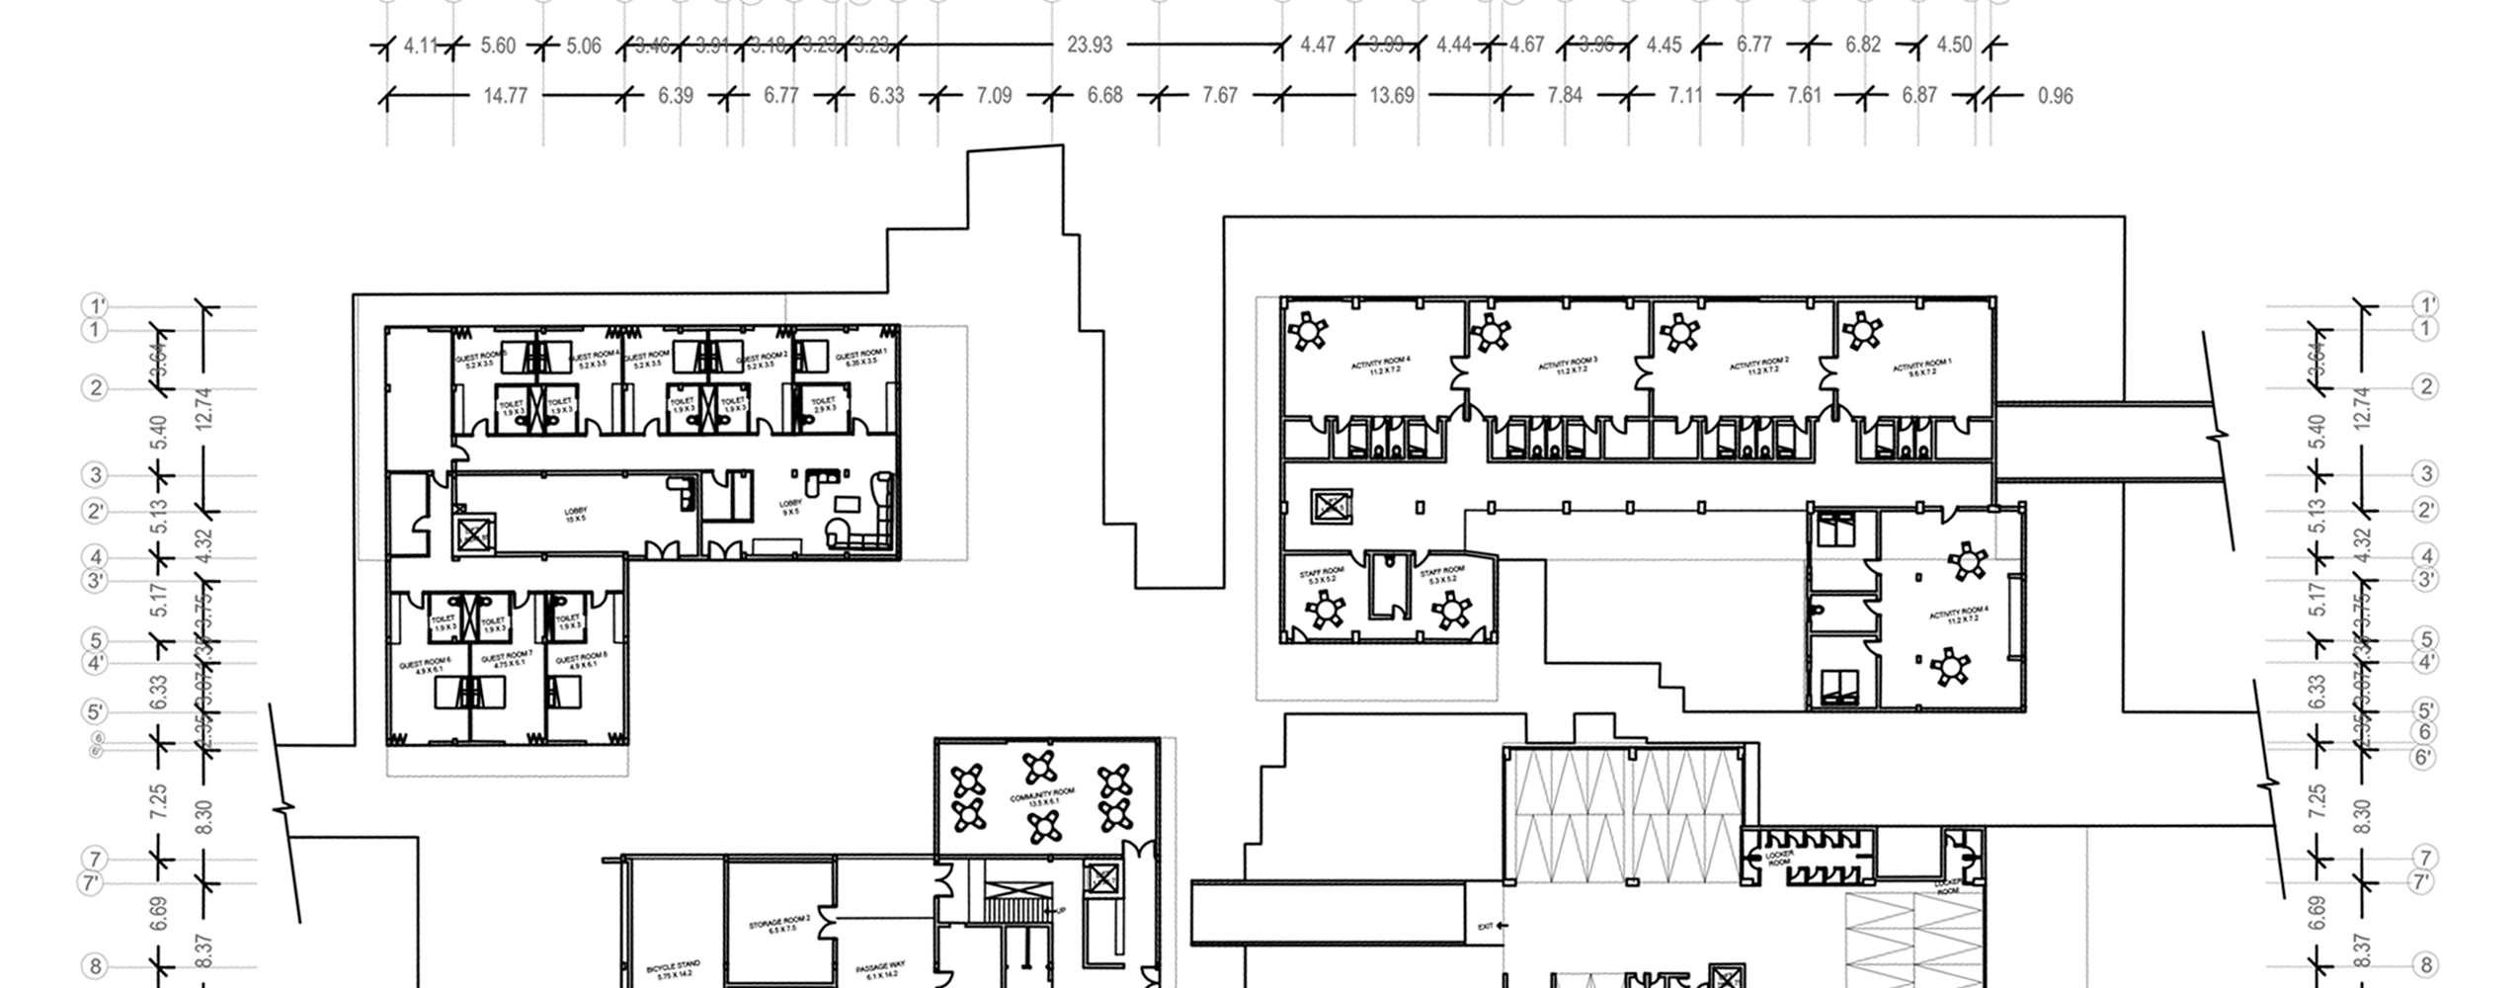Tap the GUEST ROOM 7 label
point(507,658)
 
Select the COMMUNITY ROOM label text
point(1042,798)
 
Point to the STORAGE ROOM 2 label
point(779,924)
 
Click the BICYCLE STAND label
point(674,969)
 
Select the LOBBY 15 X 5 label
point(575,515)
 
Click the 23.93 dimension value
point(1090,45)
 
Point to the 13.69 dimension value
point(1392,96)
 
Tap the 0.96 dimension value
point(2055,96)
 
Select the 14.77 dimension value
point(505,96)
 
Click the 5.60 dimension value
point(498,45)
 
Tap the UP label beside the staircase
point(1061,910)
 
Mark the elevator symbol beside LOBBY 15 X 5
point(474,535)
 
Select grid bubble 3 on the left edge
point(96,475)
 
